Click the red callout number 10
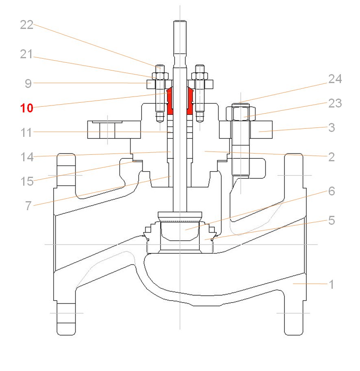27,108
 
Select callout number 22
27,25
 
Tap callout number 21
26,55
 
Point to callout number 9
28,83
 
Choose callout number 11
27,132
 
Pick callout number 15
27,180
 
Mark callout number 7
28,206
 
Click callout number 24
335,79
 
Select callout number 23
335,103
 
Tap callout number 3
332,127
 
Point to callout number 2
332,157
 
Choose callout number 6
332,191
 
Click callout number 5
332,220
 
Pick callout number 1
332,284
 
